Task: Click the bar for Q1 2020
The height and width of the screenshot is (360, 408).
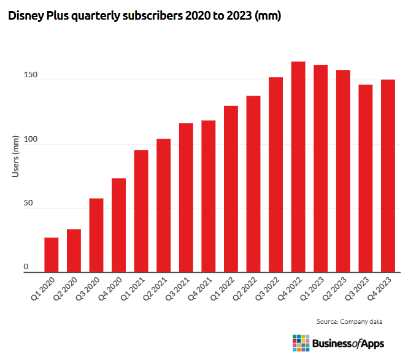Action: click(52, 255)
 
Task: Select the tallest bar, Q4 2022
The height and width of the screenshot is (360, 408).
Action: click(298, 167)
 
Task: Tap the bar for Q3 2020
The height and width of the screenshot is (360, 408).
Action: click(96, 235)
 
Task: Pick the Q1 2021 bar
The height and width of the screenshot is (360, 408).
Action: click(141, 211)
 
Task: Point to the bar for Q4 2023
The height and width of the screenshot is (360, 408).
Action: click(388, 175)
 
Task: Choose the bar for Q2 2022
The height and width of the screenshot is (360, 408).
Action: click(253, 184)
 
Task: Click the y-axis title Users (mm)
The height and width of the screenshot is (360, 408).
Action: click(16, 156)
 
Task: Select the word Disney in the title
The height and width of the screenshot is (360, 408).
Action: click(24, 17)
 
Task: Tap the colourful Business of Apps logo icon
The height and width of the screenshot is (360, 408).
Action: click(301, 343)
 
